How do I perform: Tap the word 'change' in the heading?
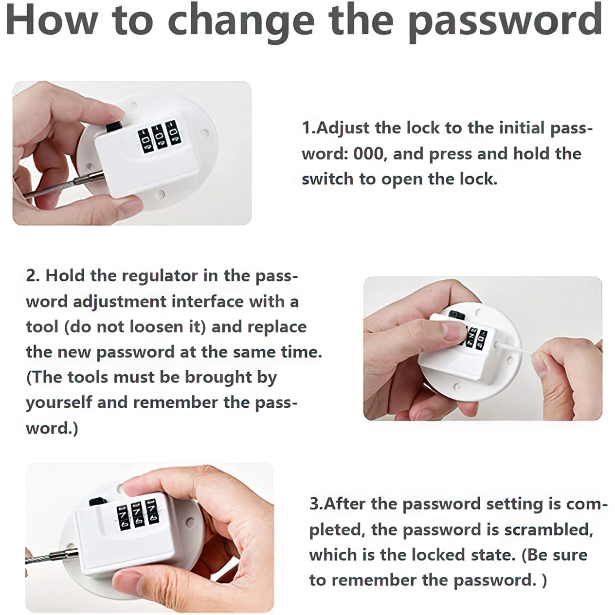(242, 22)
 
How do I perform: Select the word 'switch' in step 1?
(328, 179)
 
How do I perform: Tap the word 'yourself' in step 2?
(59, 403)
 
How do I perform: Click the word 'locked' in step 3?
(438, 555)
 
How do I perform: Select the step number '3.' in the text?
(316, 504)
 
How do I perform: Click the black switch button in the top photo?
(113, 127)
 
